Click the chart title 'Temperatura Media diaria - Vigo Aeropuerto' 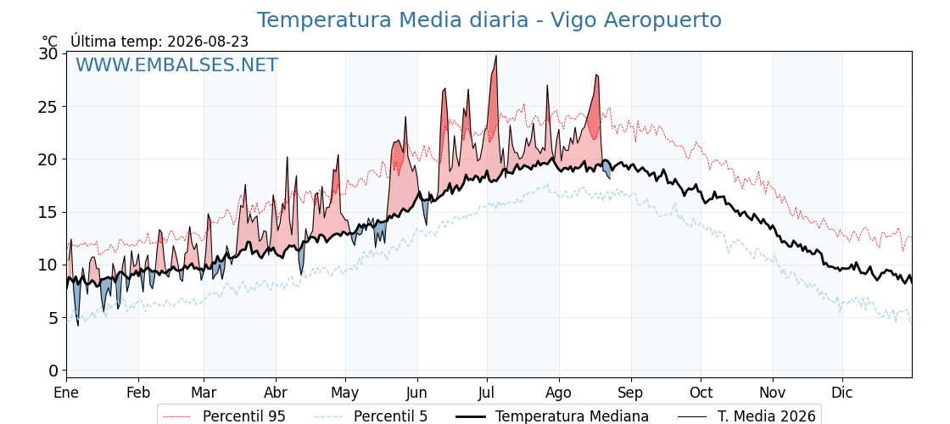pyautogui.click(x=489, y=20)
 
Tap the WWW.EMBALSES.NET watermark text pyautogui.click(x=176, y=64)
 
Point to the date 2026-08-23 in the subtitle pyautogui.click(x=207, y=41)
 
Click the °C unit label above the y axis pyautogui.click(x=50, y=42)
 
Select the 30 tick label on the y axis pyautogui.click(x=49, y=54)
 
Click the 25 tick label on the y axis pyautogui.click(x=49, y=107)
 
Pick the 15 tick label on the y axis pyautogui.click(x=49, y=212)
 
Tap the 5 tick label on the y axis pyautogui.click(x=54, y=317)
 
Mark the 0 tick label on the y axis pyautogui.click(x=54, y=370)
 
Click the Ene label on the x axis pyautogui.click(x=67, y=393)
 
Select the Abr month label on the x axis pyautogui.click(x=276, y=393)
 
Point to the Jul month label pyautogui.click(x=487, y=393)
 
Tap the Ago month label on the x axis pyautogui.click(x=559, y=393)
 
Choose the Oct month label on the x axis pyautogui.click(x=701, y=393)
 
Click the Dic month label pyautogui.click(x=842, y=393)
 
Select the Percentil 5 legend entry pyautogui.click(x=372, y=416)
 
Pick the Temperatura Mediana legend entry pyautogui.click(x=550, y=416)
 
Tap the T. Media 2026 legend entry pyautogui.click(x=746, y=416)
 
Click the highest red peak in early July pyautogui.click(x=496, y=56)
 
